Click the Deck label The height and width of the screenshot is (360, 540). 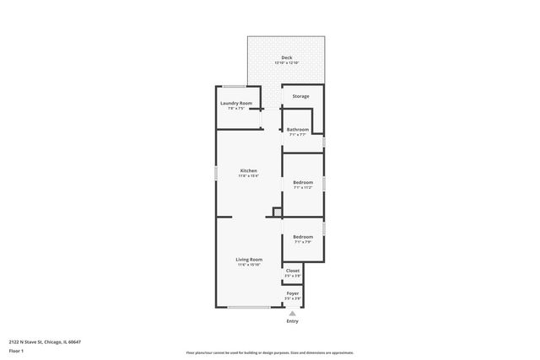point(287,57)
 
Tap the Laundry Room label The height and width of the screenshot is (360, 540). point(236,103)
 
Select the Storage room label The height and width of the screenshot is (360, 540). point(300,96)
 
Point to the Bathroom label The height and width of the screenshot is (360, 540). point(298,129)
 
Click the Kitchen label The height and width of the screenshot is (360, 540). point(248,170)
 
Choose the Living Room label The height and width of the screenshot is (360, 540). point(248,260)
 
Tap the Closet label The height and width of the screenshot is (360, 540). point(293,271)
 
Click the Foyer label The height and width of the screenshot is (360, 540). point(293,293)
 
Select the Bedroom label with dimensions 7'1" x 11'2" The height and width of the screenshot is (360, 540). point(303,182)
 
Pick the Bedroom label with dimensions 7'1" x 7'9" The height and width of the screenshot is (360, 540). point(303,237)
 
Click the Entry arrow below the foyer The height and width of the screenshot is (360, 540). point(293,313)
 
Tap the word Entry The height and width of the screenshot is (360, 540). point(293,321)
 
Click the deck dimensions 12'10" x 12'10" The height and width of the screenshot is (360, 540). point(287,63)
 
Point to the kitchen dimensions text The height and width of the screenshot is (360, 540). point(248,176)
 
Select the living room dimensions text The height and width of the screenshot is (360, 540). point(248,266)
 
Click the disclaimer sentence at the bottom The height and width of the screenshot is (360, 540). point(269,353)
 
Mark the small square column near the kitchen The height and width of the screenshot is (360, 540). point(277,212)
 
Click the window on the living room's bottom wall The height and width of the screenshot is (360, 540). point(249,307)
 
